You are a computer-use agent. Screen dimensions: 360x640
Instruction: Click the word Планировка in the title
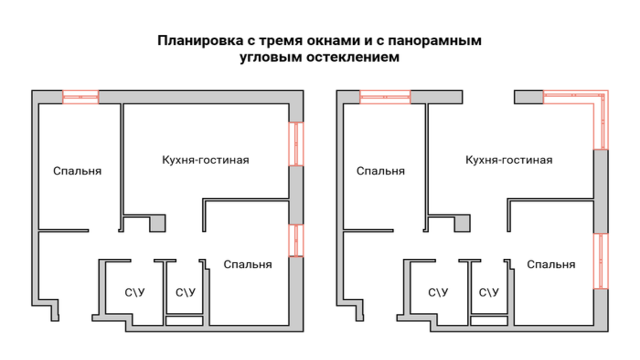pyautogui.click(x=194, y=41)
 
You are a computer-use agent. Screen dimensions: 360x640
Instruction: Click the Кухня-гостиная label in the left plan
pyautogui.click(x=205, y=160)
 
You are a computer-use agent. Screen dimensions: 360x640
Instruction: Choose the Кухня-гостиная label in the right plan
pyautogui.click(x=509, y=160)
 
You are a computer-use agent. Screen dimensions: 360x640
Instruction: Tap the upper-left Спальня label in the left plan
pyautogui.click(x=77, y=171)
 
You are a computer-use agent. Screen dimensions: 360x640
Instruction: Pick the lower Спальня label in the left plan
pyautogui.click(x=248, y=264)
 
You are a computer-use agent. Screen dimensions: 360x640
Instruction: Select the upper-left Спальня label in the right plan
pyautogui.click(x=380, y=171)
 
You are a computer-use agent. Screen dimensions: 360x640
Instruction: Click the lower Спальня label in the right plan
pyautogui.click(x=551, y=264)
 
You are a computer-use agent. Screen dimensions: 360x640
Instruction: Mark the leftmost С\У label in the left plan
pyautogui.click(x=135, y=292)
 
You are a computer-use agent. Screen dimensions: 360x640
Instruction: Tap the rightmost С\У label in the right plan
pyautogui.click(x=489, y=292)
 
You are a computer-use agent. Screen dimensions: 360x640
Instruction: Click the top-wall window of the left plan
pyautogui.click(x=80, y=97)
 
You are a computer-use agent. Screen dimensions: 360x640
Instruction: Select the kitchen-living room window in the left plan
pyautogui.click(x=296, y=144)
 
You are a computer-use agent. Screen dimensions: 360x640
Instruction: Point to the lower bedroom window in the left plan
pyautogui.click(x=296, y=240)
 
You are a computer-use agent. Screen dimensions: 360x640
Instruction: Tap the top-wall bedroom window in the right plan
pyautogui.click(x=385, y=97)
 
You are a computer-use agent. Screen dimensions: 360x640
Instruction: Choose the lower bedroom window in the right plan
pyautogui.click(x=600, y=261)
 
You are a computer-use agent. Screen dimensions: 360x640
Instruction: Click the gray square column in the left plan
pyautogui.click(x=158, y=223)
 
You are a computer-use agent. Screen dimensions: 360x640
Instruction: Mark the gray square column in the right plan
pyautogui.click(x=462, y=223)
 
